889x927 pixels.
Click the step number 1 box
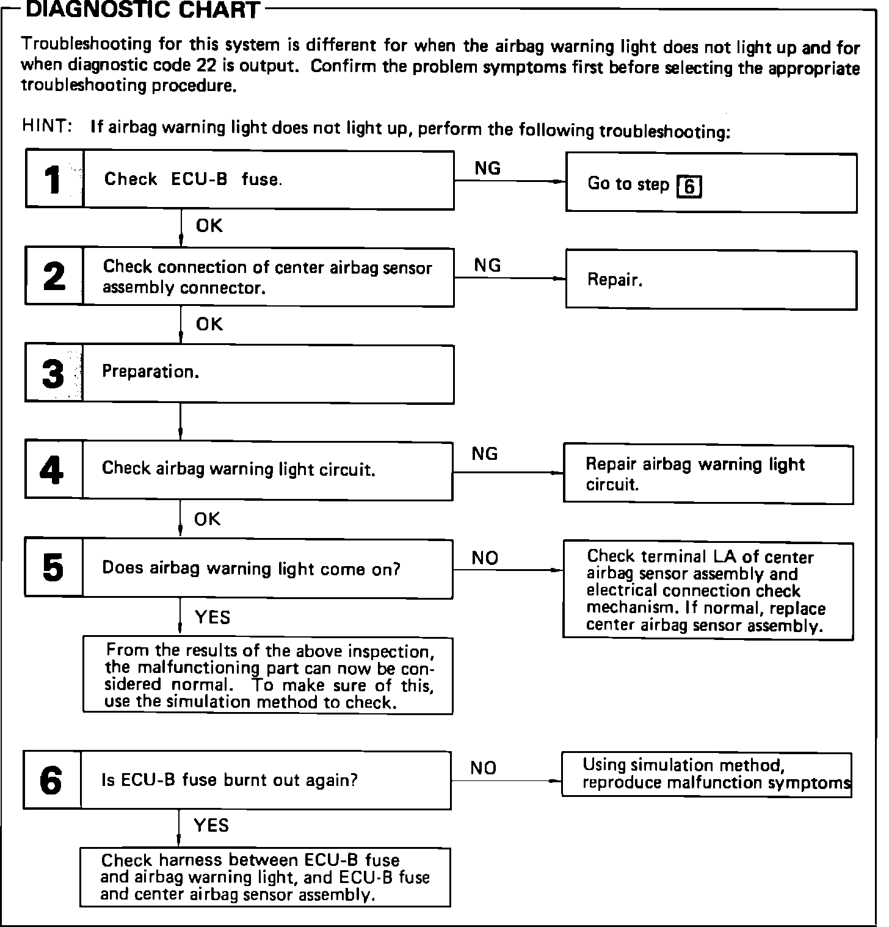click(54, 180)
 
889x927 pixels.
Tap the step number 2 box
click(54, 277)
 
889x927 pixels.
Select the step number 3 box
click(54, 373)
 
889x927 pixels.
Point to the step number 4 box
click(54, 470)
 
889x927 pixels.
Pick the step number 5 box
click(54, 568)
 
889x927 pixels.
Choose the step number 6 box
click(52, 780)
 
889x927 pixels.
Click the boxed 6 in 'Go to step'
click(689, 186)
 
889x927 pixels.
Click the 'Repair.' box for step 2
click(711, 280)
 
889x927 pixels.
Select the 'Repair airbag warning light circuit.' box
click(708, 474)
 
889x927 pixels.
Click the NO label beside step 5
click(485, 558)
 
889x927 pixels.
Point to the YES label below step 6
click(211, 826)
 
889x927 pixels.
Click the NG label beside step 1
click(487, 169)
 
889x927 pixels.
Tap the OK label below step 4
click(208, 519)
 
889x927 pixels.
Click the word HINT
click(46, 126)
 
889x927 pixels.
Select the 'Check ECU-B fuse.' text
click(193, 180)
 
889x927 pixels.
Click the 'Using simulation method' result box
click(706, 774)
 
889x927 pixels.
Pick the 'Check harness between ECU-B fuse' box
click(265, 877)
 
